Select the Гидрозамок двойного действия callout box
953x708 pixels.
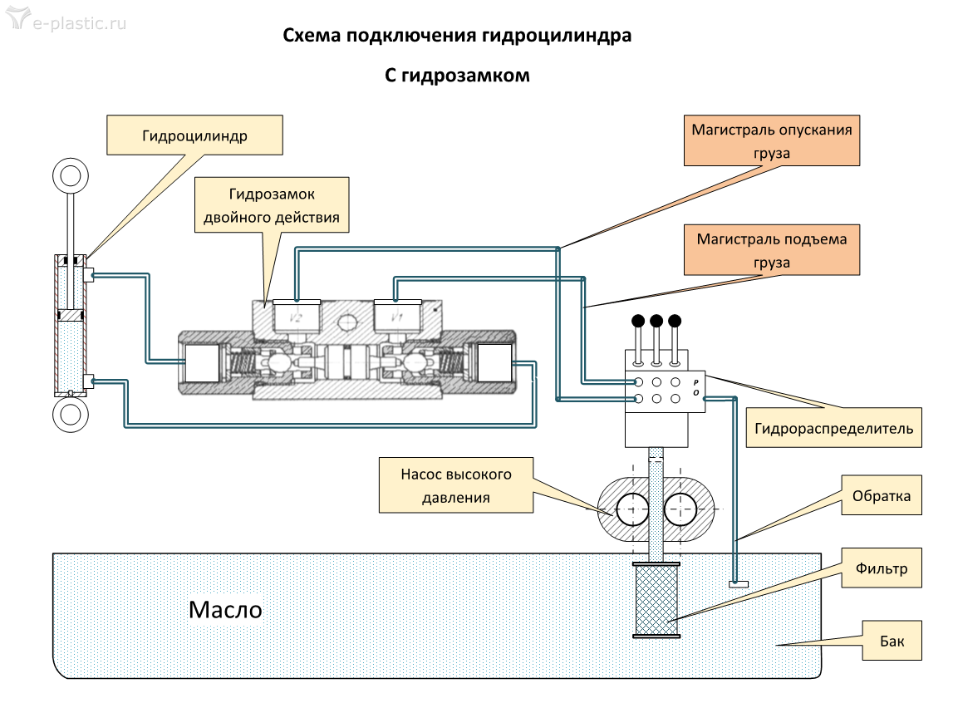(273, 206)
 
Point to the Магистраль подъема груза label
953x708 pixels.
(772, 250)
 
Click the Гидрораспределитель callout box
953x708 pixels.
(833, 428)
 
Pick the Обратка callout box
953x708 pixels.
(882, 496)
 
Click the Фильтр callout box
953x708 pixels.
(882, 569)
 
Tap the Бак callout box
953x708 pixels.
(892, 641)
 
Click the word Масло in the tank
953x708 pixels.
(225, 610)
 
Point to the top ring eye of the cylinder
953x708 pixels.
(70, 178)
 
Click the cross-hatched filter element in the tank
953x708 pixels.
(656, 601)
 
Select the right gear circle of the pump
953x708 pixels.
(680, 509)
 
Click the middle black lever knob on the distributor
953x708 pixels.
(656, 321)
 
